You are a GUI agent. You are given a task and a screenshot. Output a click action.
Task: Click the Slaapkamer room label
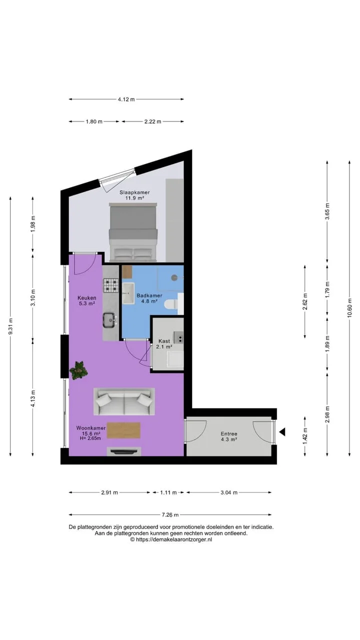134,192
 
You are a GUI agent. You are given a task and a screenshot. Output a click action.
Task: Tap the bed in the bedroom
133,232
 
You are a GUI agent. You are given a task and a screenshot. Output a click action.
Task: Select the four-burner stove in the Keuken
111,285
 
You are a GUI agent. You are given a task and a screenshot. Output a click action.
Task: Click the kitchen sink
109,320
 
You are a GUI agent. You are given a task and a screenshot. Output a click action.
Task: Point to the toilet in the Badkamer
171,304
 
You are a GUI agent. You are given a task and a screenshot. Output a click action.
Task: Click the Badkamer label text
149,295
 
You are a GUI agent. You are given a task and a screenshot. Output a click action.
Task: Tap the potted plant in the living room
78,370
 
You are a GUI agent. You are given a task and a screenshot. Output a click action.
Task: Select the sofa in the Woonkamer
124,401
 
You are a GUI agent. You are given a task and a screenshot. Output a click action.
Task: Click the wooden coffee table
123,430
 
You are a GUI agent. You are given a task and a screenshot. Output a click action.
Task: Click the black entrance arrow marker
282,432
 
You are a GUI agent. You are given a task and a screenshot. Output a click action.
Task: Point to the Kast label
164,341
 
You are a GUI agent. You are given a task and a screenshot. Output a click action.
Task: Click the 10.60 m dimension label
349,309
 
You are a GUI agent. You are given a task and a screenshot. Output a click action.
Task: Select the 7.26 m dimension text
170,515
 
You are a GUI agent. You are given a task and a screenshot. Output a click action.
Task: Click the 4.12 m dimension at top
126,99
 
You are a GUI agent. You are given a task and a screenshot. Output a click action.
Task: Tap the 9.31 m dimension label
10,326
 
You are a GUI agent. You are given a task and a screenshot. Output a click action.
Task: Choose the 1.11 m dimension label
168,492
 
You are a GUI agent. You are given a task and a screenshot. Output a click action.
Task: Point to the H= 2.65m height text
90,438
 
